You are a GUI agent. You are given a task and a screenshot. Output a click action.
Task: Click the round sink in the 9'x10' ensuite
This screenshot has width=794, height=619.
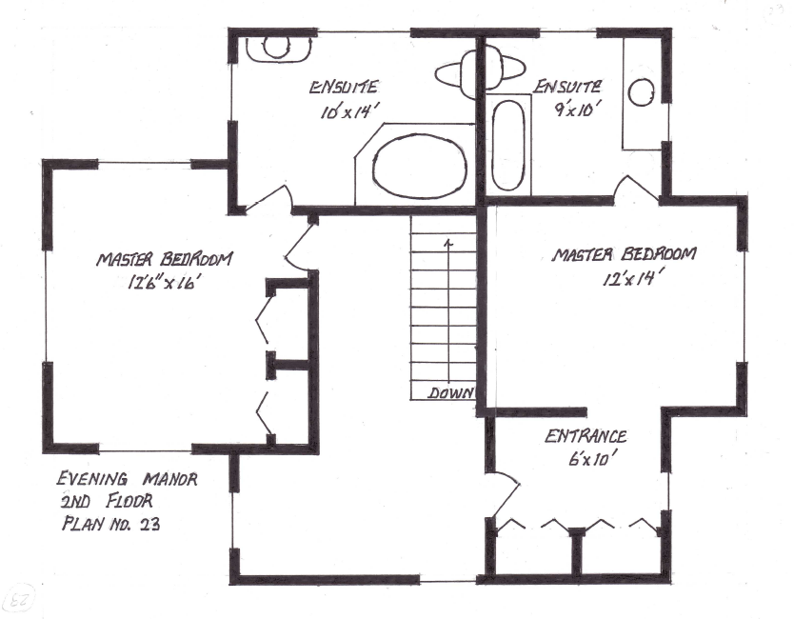[644, 92]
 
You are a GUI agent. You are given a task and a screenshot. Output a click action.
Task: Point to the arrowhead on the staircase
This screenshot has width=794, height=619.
[447, 243]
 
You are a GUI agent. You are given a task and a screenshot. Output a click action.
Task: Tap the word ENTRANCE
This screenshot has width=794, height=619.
[586, 437]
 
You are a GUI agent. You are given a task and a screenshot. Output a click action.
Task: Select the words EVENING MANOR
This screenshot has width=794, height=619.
[127, 480]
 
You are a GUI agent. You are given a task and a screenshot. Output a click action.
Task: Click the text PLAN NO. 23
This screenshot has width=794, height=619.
[111, 522]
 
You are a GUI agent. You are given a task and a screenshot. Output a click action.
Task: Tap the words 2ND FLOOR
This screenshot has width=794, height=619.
[106, 501]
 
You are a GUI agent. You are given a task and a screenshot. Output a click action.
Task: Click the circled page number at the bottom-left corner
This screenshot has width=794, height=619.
[18, 599]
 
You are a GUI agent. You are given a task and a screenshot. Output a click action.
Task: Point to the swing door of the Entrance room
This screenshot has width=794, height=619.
[506, 495]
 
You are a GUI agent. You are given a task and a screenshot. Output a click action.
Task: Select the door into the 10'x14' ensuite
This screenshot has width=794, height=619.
[271, 199]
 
